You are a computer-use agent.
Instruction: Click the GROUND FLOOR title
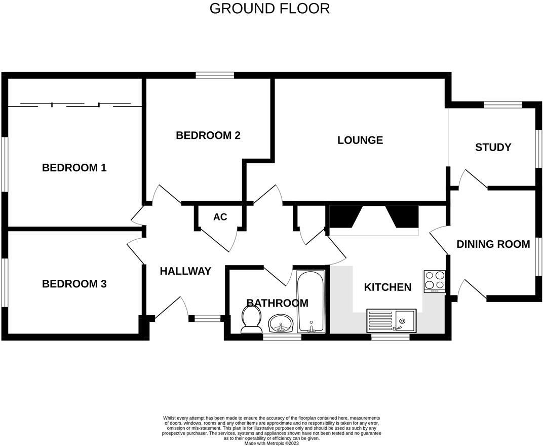coord(269,9)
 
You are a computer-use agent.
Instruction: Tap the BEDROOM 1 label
coord(74,168)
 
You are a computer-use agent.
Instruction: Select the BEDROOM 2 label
coord(208,135)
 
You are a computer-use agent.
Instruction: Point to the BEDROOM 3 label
coord(74,284)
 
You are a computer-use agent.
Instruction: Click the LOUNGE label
coord(360,140)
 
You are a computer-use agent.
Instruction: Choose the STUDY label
coord(493,147)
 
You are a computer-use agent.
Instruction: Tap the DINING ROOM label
coord(493,244)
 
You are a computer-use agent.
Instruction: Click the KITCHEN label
coord(387,287)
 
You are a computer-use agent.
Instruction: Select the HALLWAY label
coord(185,271)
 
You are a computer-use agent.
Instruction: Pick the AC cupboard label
coord(220,217)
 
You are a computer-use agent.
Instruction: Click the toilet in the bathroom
coord(251,320)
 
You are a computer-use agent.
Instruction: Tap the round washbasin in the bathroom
coord(281,322)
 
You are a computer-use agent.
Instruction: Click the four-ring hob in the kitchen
coord(435,281)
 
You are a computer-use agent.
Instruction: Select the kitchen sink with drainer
coord(391,321)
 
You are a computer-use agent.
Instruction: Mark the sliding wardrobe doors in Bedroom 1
coord(75,105)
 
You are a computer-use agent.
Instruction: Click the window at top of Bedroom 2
coord(215,76)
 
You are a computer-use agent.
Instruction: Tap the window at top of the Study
coord(502,105)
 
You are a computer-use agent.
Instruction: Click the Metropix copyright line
coord(271,443)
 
